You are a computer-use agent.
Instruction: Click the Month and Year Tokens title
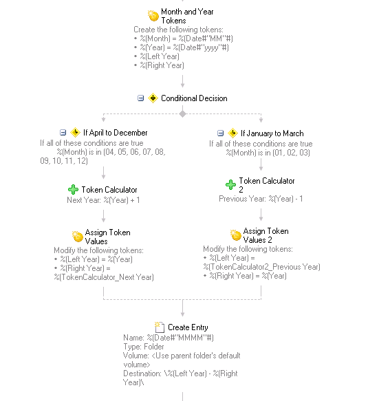point(187,16)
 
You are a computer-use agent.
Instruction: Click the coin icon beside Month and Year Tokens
point(153,16)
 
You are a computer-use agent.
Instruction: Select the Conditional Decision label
point(194,98)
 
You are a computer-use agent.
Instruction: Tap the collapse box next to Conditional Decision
point(140,98)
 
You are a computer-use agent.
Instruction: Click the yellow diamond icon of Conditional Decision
point(153,98)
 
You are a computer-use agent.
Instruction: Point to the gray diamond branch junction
point(182,113)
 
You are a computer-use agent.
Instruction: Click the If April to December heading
point(116,133)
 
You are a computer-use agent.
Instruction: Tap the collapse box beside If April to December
point(63,133)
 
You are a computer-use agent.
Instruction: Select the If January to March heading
point(272,133)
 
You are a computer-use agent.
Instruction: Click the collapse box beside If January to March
point(220,133)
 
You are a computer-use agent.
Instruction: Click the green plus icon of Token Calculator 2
point(230,184)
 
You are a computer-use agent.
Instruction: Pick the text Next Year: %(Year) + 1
point(103,200)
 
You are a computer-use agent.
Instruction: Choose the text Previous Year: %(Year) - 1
point(261,199)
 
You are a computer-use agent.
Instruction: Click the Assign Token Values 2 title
point(266,235)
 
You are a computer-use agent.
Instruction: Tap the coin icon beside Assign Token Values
point(78,237)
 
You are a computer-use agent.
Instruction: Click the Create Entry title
point(188,327)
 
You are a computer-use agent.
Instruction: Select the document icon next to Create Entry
point(160,327)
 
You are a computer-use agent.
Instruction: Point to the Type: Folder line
point(144,347)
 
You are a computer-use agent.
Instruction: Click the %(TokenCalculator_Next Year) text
point(104,277)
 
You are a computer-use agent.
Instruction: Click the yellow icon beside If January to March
point(232,133)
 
